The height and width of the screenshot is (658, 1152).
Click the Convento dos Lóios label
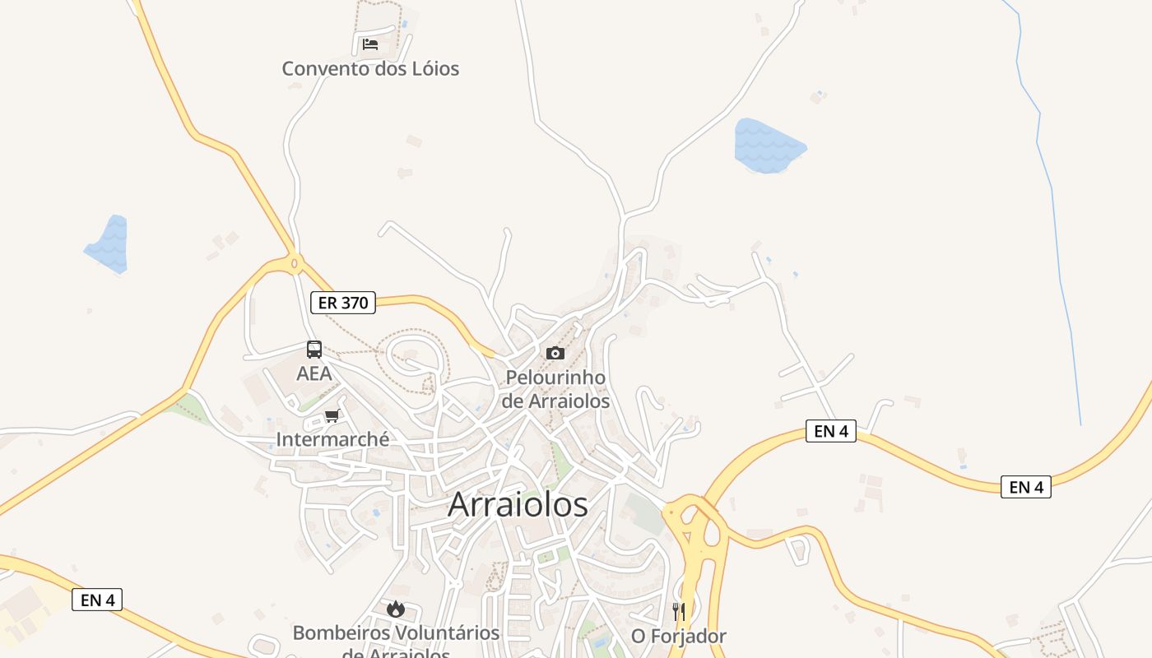pos(370,68)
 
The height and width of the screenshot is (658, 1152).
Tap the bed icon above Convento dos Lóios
pos(370,44)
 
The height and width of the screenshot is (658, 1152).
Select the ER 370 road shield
pos(343,303)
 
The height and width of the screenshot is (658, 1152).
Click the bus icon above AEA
pos(314,350)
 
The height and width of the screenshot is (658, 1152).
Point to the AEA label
pos(314,373)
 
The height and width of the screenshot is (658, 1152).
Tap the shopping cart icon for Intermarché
pos(332,415)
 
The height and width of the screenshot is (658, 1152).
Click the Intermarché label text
pos(332,439)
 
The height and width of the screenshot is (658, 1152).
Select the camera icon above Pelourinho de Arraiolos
pos(555,353)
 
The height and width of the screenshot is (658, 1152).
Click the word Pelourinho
pos(555,378)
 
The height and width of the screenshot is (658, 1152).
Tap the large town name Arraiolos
pos(518,504)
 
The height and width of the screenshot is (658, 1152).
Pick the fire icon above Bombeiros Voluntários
pos(396,609)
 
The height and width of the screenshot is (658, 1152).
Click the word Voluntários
pos(448,633)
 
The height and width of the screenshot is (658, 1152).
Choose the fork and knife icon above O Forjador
pos(679,611)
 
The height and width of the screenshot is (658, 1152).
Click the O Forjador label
pos(679,636)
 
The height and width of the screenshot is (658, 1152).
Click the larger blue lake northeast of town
pos(767,146)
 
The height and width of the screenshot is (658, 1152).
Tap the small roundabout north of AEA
pos(295,264)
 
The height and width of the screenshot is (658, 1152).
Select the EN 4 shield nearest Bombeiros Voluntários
pos(97,600)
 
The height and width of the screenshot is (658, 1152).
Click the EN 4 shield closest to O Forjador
pos(832,431)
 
